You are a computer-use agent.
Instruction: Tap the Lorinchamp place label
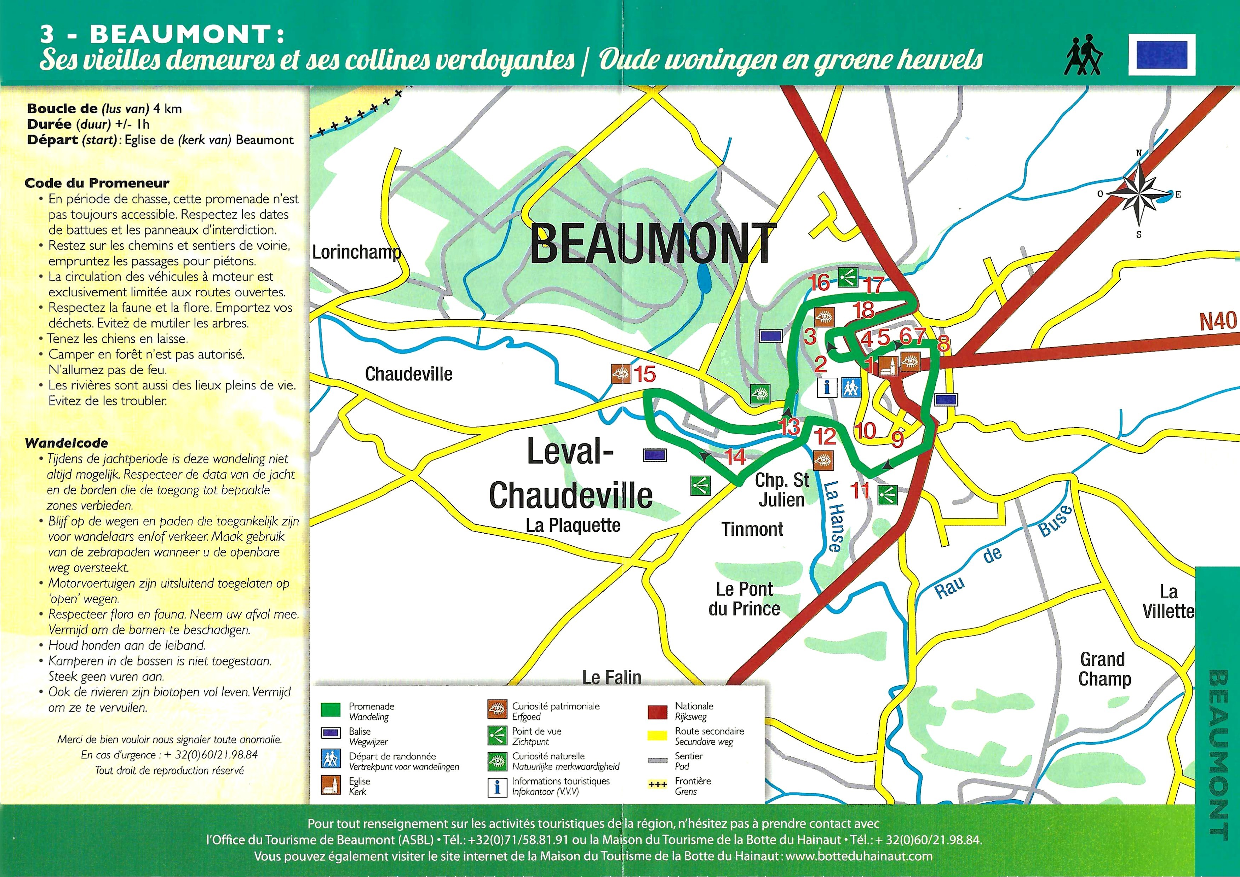pos(357,252)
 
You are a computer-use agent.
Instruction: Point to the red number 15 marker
pos(644,374)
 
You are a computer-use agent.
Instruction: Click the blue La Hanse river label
pos(834,516)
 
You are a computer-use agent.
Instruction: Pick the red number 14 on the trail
pos(735,457)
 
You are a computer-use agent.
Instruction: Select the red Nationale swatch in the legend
pos(657,712)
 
